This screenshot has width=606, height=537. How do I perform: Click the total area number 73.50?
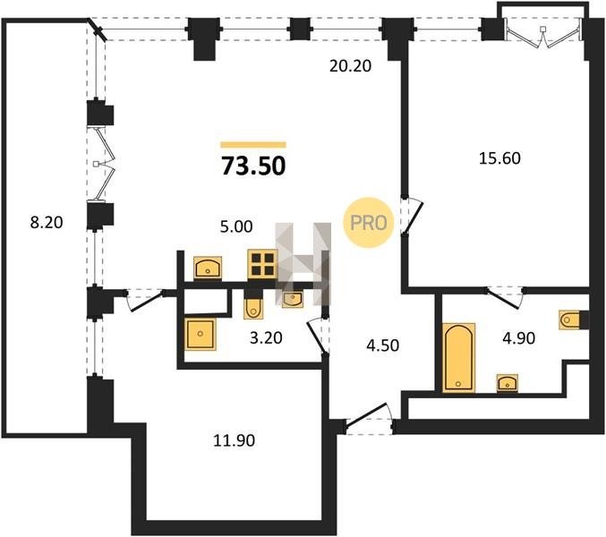[x=253, y=166]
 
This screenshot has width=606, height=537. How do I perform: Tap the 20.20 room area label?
[x=350, y=66]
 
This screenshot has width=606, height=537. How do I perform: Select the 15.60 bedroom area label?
[x=499, y=158]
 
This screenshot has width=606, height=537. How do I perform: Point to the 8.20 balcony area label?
[x=47, y=223]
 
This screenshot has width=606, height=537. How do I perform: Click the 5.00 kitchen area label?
[x=236, y=226]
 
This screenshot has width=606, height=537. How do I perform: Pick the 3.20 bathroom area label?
[x=266, y=338]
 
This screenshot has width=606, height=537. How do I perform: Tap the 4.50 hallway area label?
[x=382, y=345]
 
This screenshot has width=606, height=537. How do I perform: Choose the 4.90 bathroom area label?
[x=518, y=338]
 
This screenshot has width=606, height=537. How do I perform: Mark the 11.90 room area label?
[x=235, y=440]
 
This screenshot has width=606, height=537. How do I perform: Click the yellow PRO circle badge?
[x=368, y=223]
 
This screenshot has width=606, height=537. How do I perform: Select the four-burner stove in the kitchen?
[x=262, y=265]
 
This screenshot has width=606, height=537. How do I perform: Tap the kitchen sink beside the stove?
[x=208, y=267]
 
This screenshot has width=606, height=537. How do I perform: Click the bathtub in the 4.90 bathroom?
[x=458, y=357]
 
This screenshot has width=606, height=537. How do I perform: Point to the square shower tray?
[x=201, y=334]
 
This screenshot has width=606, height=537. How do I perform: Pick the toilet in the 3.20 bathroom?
[x=253, y=308]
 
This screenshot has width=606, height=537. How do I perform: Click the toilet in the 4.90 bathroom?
[x=569, y=320]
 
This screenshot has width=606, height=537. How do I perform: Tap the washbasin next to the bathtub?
[x=507, y=383]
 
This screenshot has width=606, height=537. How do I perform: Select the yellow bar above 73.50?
[x=253, y=145]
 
